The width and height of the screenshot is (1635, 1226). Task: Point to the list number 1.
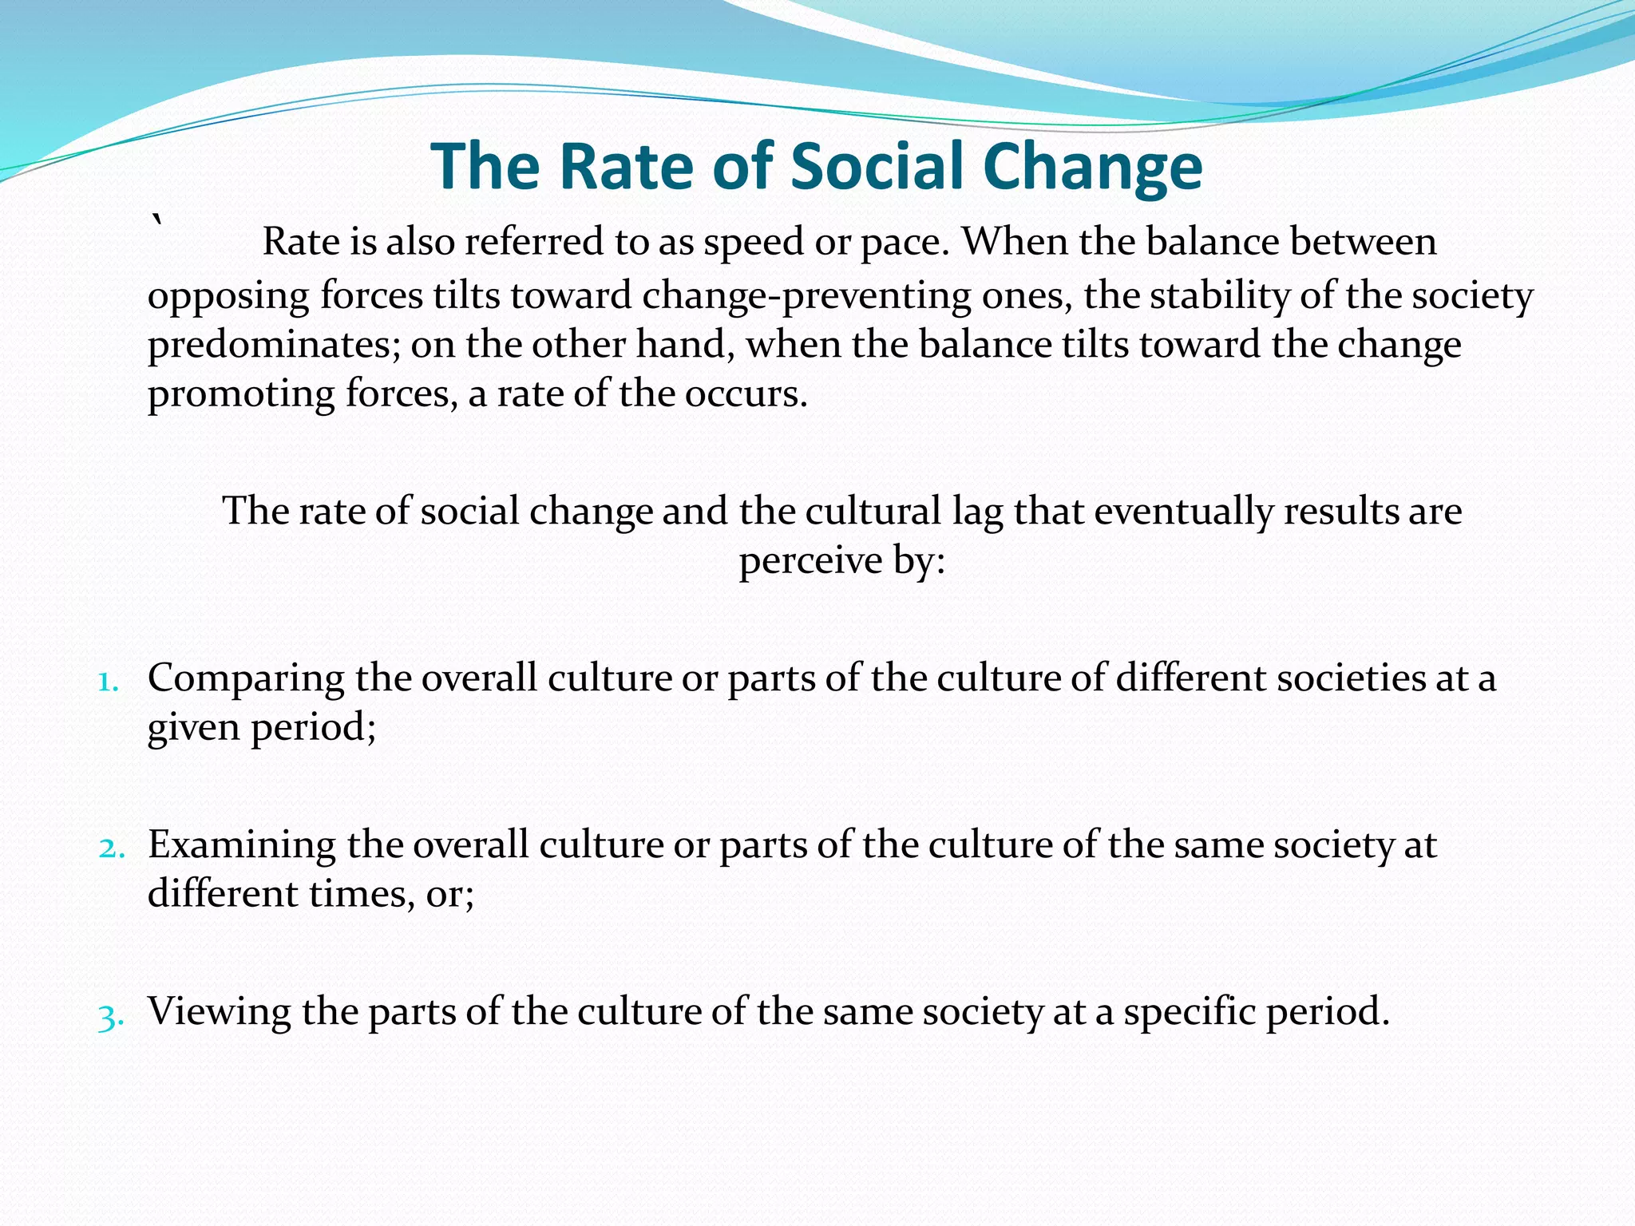(109, 682)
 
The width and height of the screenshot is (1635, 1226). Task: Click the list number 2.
(112, 849)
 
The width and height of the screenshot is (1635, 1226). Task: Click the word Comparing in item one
(246, 679)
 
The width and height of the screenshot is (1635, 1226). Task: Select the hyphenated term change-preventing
(806, 296)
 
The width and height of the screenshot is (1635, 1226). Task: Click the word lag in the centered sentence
(977, 512)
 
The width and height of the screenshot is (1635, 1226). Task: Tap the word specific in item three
(1185, 1012)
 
